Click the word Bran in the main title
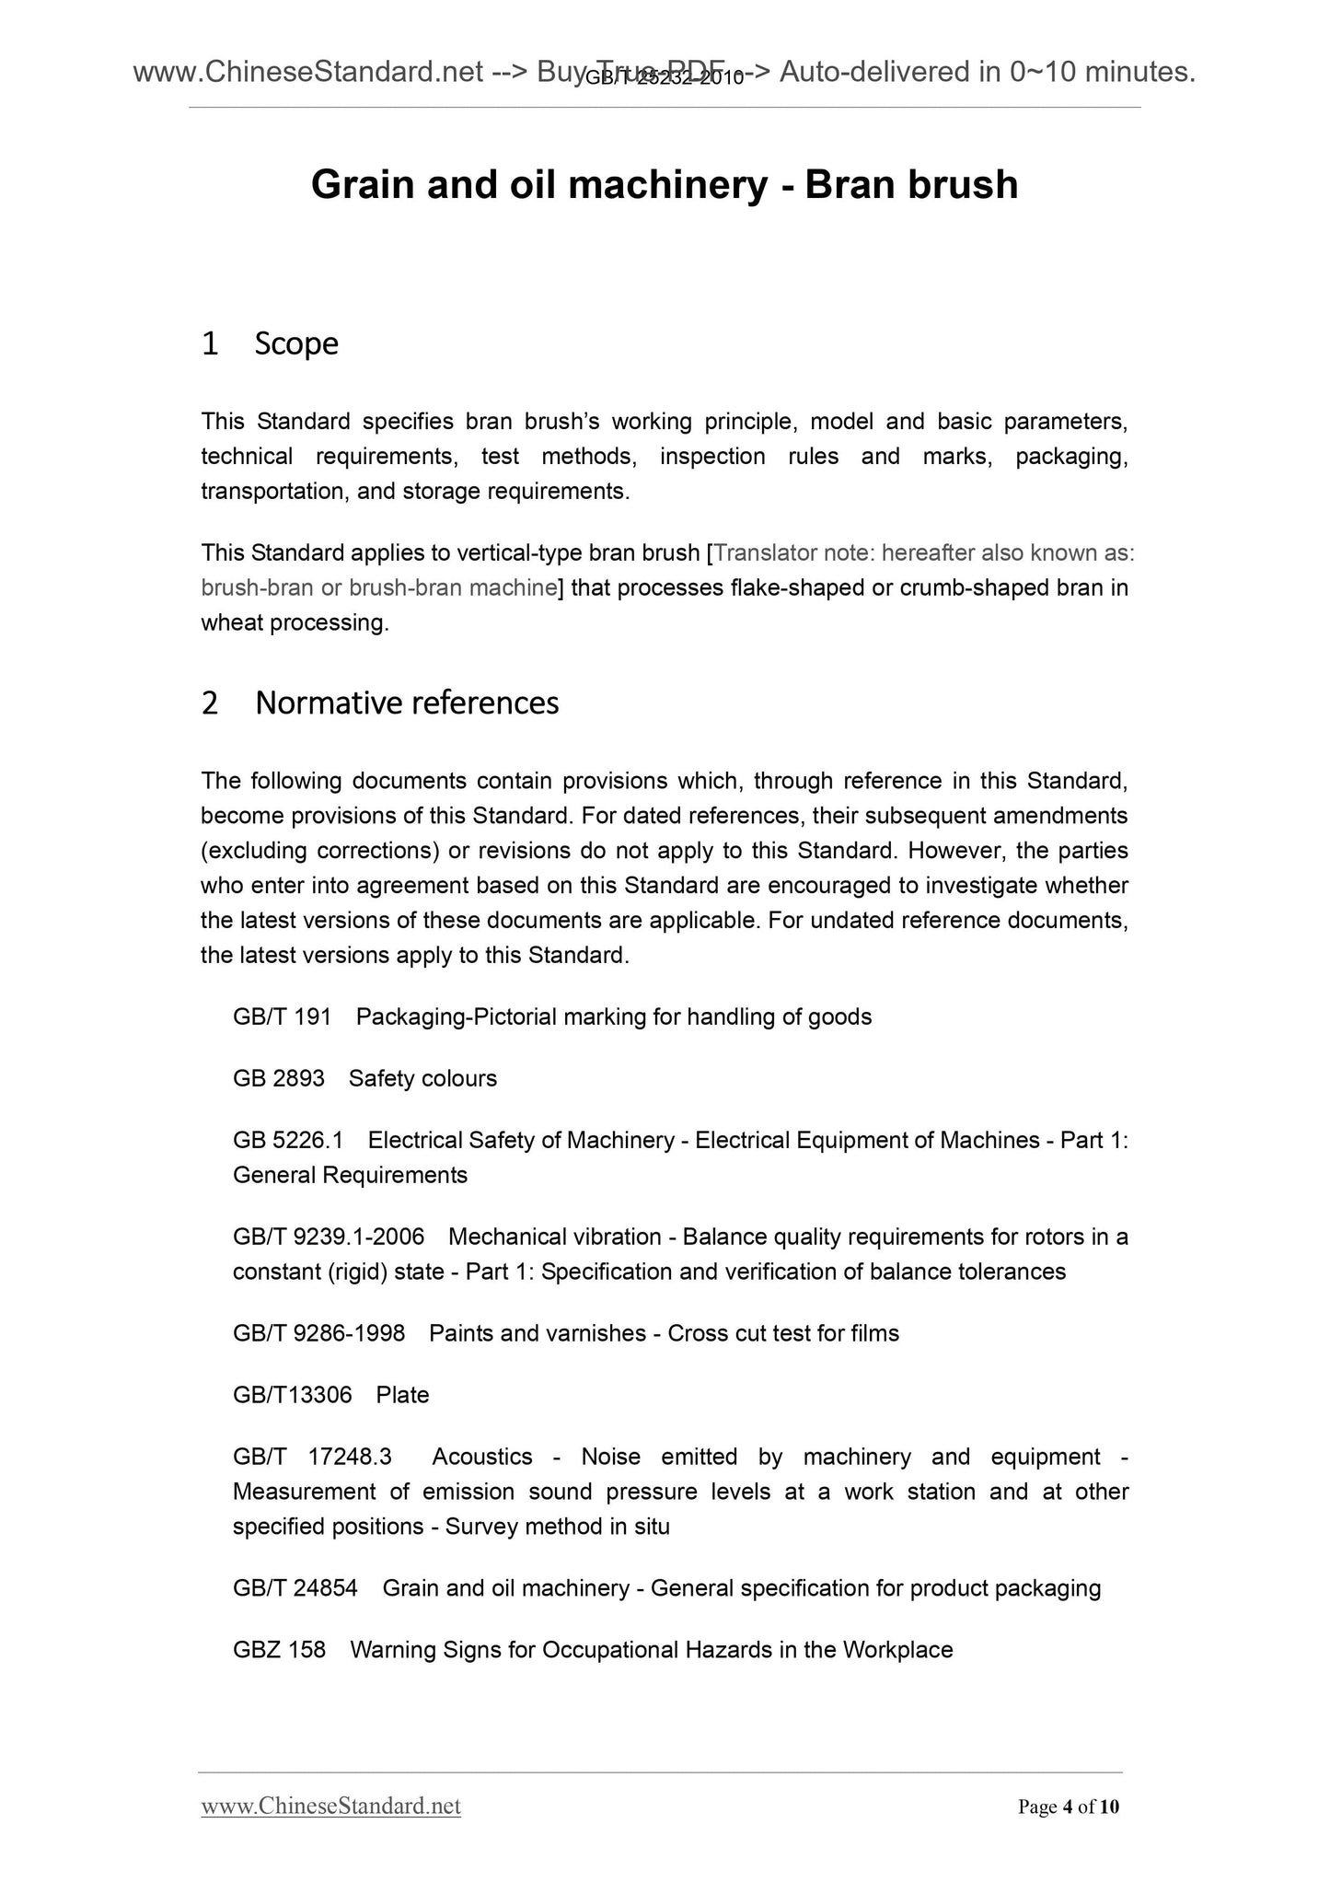coord(850,185)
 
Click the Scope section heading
coord(295,343)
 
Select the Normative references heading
coord(406,703)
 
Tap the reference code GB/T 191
coord(282,1017)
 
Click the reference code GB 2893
coord(278,1078)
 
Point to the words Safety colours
coord(422,1078)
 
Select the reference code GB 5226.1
coord(287,1140)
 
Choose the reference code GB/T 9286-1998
coord(318,1333)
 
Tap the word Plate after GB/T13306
coord(402,1395)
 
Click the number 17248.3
coord(350,1457)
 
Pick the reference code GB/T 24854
coord(295,1588)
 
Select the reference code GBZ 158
coord(279,1650)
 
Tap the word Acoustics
coord(482,1457)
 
